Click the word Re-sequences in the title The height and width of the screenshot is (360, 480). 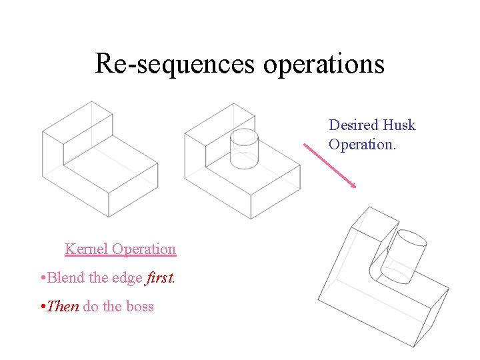[175, 64]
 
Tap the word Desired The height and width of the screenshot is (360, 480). [353, 125]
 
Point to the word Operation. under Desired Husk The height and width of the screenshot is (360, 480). [362, 144]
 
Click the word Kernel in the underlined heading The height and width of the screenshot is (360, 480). [87, 249]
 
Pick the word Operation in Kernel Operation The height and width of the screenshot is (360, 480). [144, 249]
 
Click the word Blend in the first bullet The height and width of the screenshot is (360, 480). [67, 277]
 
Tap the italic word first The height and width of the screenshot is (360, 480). [159, 277]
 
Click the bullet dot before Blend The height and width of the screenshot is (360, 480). [42, 278]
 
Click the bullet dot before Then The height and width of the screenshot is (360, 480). [42, 307]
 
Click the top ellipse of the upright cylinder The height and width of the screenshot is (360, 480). [244, 135]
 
